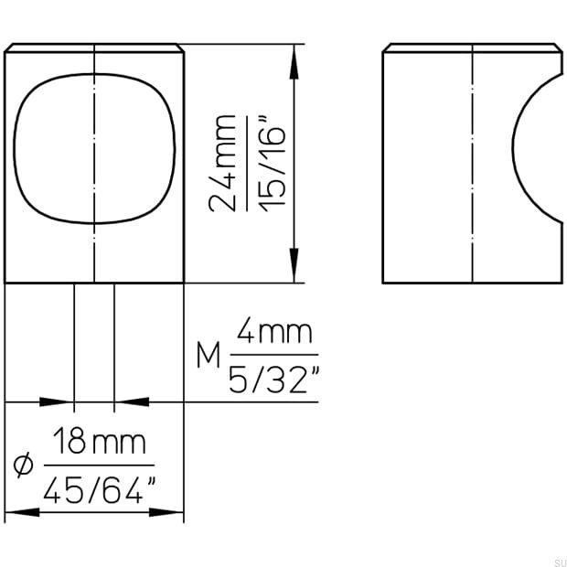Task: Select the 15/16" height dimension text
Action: click(276, 163)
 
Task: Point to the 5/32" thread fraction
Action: click(275, 377)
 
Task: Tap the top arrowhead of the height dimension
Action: click(294, 57)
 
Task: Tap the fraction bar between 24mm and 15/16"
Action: click(249, 163)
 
